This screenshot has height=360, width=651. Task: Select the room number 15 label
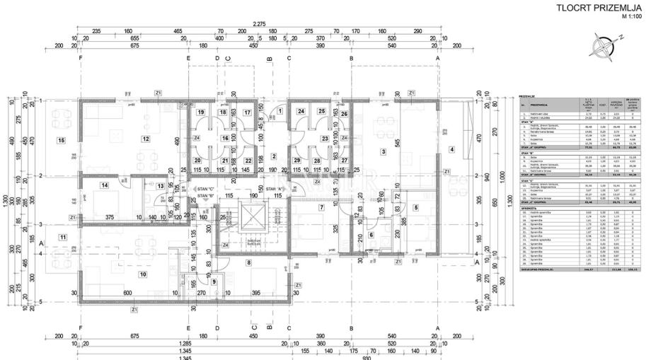tap(62, 140)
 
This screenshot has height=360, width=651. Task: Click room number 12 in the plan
tap(145, 139)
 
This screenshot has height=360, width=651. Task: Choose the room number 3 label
tap(383, 151)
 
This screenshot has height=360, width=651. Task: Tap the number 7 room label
tap(321, 207)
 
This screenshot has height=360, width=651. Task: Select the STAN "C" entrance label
tap(207, 190)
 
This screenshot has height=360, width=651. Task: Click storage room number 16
tap(224, 138)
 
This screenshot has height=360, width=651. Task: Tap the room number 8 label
tap(248, 262)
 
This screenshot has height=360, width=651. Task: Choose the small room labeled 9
tap(214, 281)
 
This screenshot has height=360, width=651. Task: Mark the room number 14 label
tap(104, 185)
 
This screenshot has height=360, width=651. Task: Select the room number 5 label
tap(415, 207)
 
